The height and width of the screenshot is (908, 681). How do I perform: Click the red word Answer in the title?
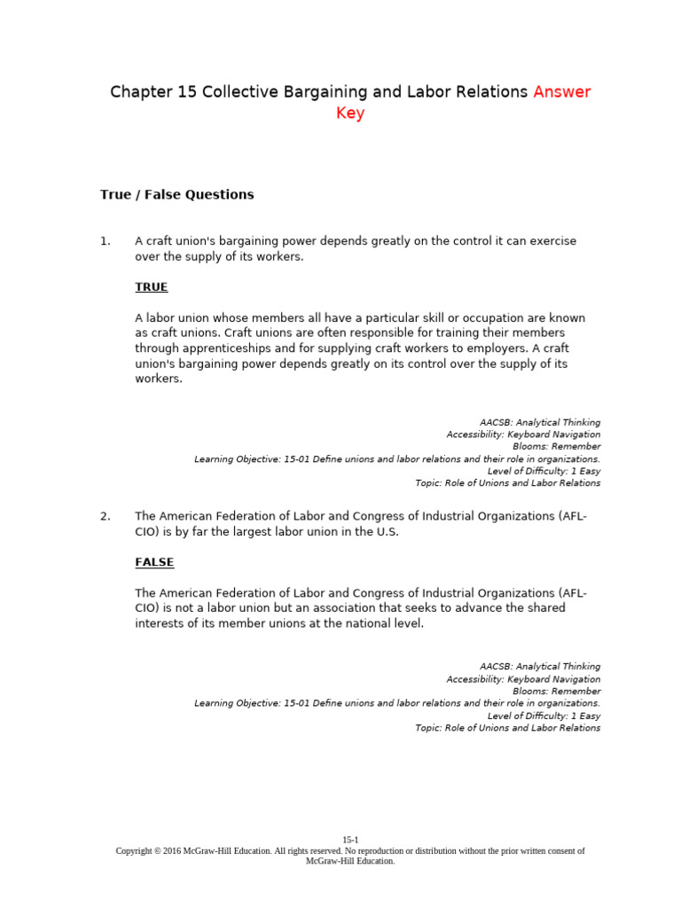coord(561,92)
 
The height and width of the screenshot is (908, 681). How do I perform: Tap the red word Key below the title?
coord(349,113)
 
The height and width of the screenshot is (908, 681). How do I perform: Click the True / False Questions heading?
coord(176,194)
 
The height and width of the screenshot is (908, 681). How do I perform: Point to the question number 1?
coord(105,241)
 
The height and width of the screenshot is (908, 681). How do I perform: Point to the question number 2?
coord(105,516)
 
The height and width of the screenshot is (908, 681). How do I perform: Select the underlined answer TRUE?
coord(151,287)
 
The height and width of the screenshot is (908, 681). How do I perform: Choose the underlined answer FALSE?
coord(154,562)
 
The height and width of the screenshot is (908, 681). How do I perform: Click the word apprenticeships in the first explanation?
coord(227,348)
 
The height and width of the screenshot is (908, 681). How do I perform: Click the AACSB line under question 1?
coord(539,422)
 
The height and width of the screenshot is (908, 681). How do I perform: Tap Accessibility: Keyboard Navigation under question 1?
coord(523,434)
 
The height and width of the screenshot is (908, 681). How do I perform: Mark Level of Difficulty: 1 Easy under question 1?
coord(544,471)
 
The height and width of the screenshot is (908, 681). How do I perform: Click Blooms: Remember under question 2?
coord(556,691)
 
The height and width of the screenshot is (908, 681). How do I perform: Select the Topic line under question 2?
coord(507,728)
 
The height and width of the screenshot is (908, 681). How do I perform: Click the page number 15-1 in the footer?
coord(350,840)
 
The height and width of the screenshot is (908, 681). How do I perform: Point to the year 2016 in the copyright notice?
coord(171,850)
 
